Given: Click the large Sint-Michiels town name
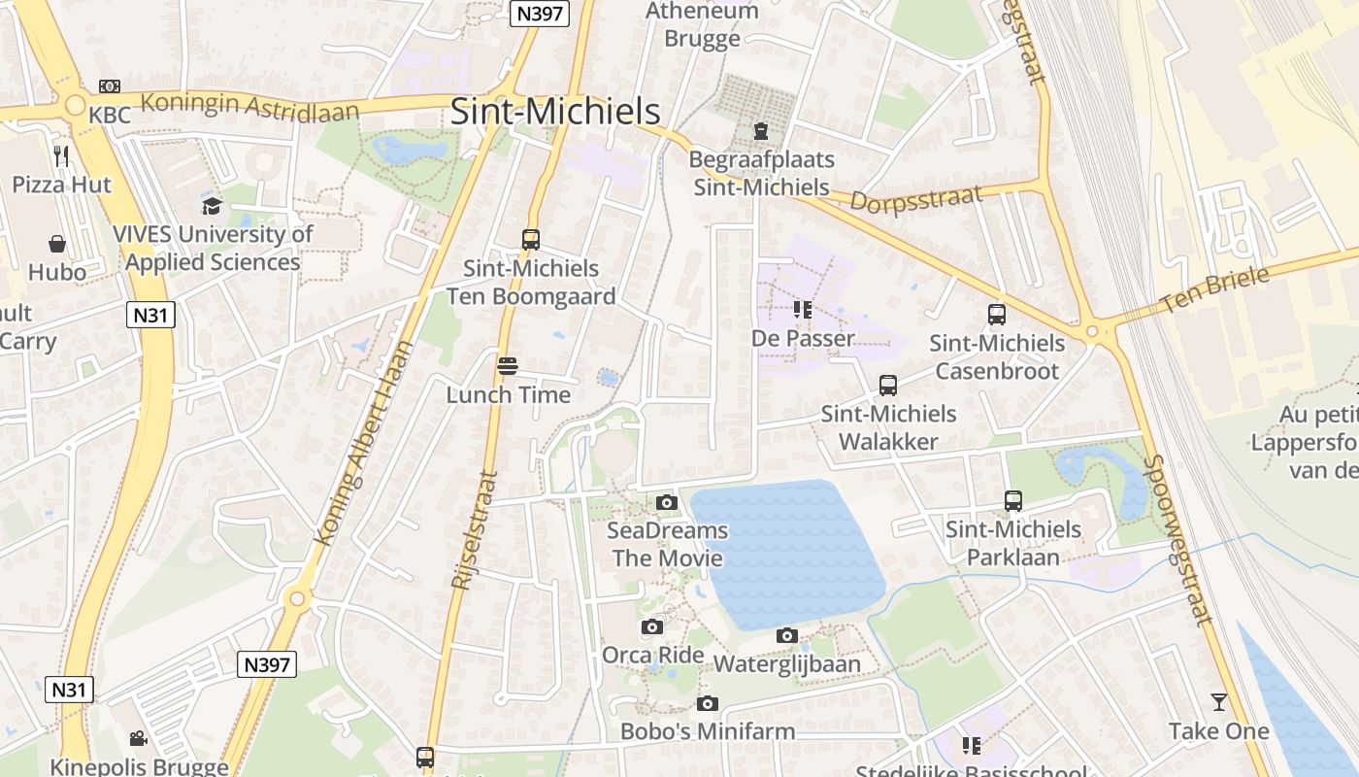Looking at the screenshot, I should point(555,112).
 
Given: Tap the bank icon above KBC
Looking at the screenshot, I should point(110,86).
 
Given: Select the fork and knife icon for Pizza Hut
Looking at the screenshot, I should point(61,155).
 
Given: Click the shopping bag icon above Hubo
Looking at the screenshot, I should point(57,243).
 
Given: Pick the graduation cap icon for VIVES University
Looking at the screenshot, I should point(212,206).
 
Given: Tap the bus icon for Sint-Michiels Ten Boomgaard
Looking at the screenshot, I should point(530,240).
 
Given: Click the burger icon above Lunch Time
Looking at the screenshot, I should point(507,366).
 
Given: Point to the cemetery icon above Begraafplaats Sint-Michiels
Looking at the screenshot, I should point(761,130).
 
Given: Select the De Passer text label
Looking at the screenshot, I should point(803,338).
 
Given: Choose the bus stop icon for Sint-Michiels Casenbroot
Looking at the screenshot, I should point(997,315).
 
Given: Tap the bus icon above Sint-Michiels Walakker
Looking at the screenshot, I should point(887,386).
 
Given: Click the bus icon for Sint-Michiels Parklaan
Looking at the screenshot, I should point(1013,501).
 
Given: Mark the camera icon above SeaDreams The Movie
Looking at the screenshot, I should point(667,502).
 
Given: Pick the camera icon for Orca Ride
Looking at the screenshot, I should point(652,626).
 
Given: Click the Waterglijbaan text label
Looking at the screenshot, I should point(787,663).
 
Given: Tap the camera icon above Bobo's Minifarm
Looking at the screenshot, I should point(708,703).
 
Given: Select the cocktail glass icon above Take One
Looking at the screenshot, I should point(1218,702).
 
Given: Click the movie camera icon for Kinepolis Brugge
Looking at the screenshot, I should point(139,738).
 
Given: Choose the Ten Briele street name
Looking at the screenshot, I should point(1214,288).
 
